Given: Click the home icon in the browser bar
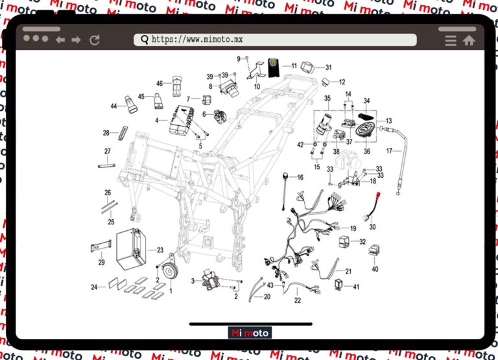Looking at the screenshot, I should (x=469, y=40).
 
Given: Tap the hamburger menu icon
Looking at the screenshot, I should (x=451, y=40).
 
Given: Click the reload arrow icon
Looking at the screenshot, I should (x=95, y=40).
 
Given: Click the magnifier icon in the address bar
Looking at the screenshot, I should (x=144, y=40).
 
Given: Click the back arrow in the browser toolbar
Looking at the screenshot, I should (x=60, y=40).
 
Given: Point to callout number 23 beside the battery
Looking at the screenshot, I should (x=160, y=250).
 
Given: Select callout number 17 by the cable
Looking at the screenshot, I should (x=408, y=151).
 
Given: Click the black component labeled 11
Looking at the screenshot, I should (x=274, y=67).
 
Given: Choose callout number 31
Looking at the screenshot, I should (x=328, y=67).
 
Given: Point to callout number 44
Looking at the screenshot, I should (x=113, y=106).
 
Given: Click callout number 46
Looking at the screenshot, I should (x=160, y=84).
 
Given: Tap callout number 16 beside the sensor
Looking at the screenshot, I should (x=300, y=177).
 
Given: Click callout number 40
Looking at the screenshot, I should (x=375, y=269).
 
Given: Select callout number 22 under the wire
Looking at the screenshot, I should (x=298, y=300).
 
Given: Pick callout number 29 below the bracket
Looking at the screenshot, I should (x=101, y=263).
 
